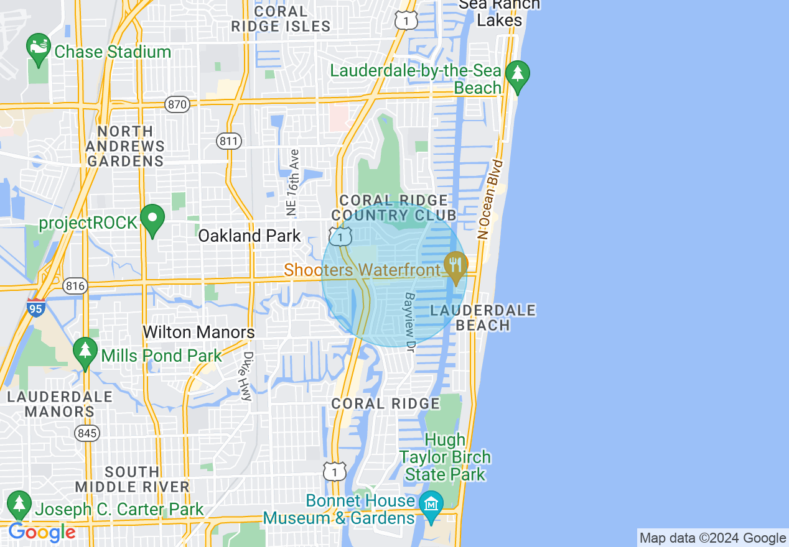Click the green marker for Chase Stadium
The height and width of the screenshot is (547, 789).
[39, 48]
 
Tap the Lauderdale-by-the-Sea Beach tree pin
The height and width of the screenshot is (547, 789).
[517, 74]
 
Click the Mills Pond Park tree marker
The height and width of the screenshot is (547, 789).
[85, 352]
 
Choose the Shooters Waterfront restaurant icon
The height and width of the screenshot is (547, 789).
[456, 267]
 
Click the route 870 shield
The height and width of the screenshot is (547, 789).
[177, 104]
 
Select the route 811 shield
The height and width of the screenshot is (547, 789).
[228, 141]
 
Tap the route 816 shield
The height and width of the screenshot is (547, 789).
[75, 286]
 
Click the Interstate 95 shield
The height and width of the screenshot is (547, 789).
[36, 307]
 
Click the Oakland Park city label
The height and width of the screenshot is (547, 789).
[250, 236]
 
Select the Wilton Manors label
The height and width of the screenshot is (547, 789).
[198, 333]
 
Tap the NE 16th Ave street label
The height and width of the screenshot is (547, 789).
[292, 182]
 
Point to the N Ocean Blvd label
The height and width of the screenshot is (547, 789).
[490, 199]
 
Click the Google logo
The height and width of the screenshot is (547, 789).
[41, 533]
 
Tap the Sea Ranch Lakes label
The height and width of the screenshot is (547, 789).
[500, 12]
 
